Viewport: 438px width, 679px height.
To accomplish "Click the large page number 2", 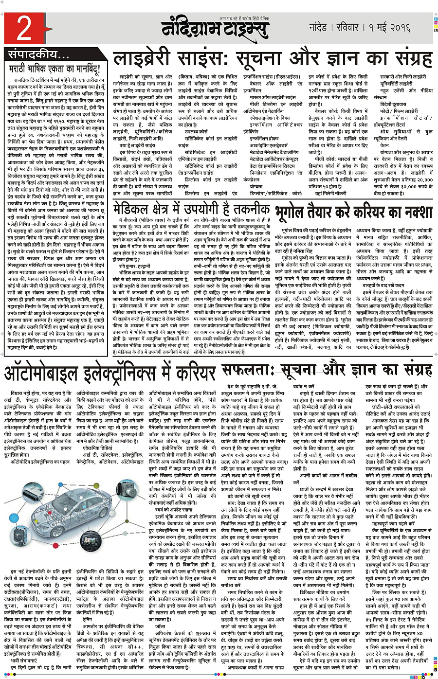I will point(24,29).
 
